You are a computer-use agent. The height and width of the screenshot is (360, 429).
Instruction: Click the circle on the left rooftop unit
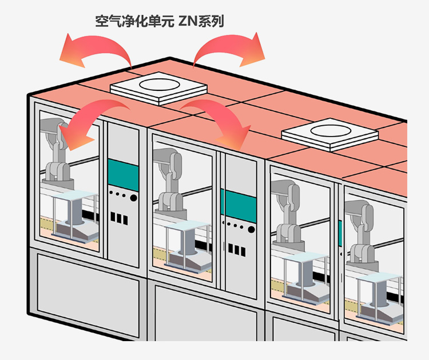[158, 86]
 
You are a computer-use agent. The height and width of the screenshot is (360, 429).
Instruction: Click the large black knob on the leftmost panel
[133, 198]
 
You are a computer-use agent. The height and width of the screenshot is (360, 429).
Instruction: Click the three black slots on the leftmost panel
[118, 218]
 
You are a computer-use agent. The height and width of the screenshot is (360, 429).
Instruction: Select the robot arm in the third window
[289, 211]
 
